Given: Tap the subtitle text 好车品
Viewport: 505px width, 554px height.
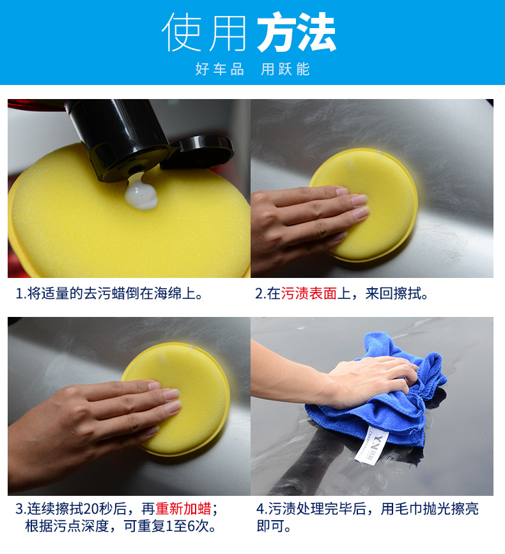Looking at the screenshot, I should point(219,70).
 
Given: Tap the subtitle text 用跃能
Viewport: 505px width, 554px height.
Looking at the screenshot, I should point(285,70).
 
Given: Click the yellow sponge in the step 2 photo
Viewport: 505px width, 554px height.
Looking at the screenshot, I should point(377,192).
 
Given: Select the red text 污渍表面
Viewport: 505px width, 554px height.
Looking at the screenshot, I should point(309,294).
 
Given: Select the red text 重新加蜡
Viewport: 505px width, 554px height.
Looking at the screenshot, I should point(183,509).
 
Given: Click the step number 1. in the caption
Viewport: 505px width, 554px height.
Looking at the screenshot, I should point(20,294).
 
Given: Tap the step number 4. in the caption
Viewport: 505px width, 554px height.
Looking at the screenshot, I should point(261,509).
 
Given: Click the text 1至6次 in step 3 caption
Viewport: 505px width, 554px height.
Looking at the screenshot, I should point(187,527).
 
